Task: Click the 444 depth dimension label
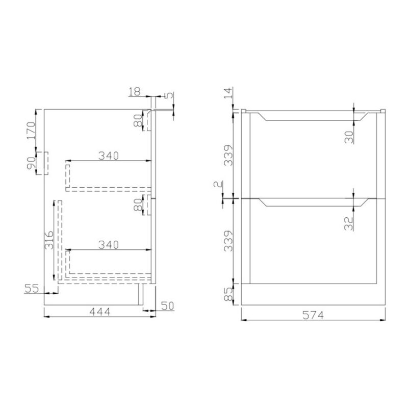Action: click(x=100, y=312)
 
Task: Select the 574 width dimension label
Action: click(x=313, y=315)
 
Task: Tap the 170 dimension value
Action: click(x=31, y=131)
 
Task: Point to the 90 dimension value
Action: click(x=31, y=163)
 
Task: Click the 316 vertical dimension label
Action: click(x=49, y=240)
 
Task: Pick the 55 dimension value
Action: click(x=32, y=288)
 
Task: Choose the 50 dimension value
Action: click(x=167, y=306)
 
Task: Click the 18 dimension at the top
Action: click(x=135, y=92)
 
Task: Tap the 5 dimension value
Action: click(x=169, y=95)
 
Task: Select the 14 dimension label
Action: click(x=228, y=93)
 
